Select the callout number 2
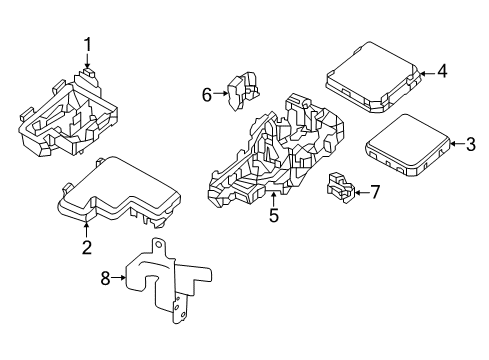click(87, 247)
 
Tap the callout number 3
click(471, 145)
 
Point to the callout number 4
click(441, 71)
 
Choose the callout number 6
click(207, 95)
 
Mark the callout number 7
click(375, 191)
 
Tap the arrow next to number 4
click(423, 71)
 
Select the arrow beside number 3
click(453, 145)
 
